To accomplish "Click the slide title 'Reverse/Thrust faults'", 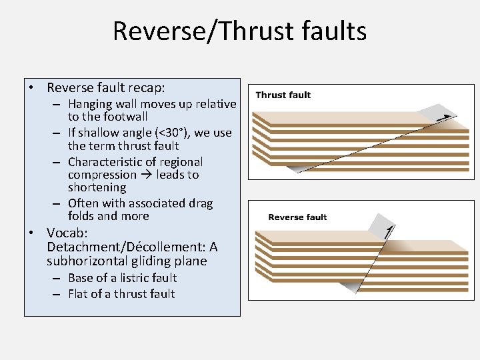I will pyautogui.click(x=239, y=31).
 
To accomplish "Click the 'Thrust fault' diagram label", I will pyautogui.click(x=283, y=95).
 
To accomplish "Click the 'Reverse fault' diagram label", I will pyautogui.click(x=297, y=217).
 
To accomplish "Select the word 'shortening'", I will pyautogui.click(x=97, y=187).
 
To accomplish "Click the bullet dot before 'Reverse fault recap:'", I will pyautogui.click(x=31, y=88).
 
